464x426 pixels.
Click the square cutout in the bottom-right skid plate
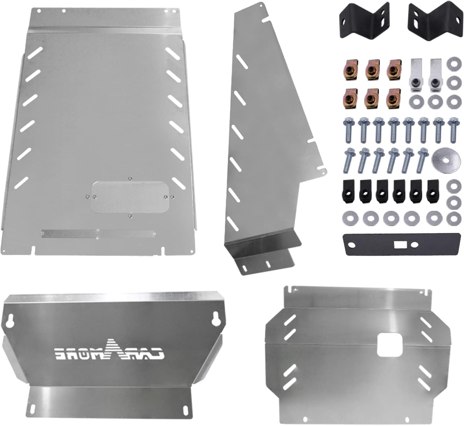click(x=390, y=345)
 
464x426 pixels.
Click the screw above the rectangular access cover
click(x=130, y=179)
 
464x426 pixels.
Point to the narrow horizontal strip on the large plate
click(x=98, y=233)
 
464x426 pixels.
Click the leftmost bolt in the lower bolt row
click(x=349, y=160)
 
